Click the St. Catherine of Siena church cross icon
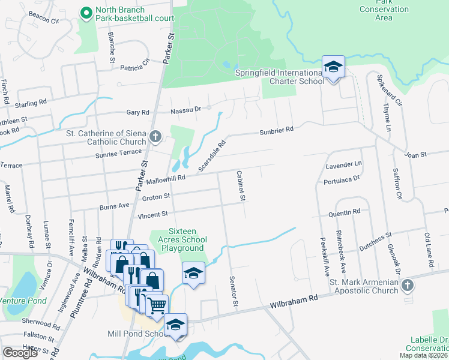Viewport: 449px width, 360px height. click(x=155, y=137)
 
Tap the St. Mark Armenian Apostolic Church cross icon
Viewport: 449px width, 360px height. click(x=408, y=284)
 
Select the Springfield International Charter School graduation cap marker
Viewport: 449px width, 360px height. click(x=333, y=67)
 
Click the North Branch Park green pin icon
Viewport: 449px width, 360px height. click(x=86, y=11)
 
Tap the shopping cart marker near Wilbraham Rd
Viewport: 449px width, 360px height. click(x=157, y=305)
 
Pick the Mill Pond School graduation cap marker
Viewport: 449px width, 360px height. click(x=175, y=325)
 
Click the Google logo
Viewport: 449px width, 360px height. click(x=20, y=353)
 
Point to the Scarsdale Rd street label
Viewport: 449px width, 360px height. click(x=212, y=155)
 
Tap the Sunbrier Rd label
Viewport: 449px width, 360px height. click(x=276, y=130)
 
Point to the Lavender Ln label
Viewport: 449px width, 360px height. click(x=344, y=164)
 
